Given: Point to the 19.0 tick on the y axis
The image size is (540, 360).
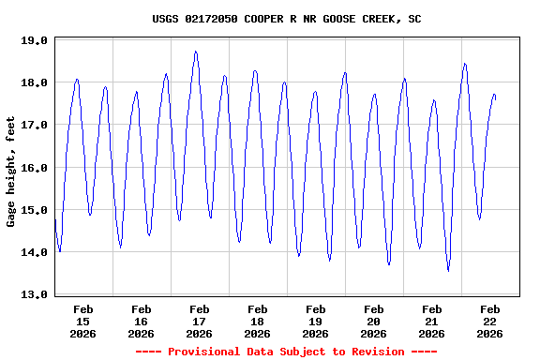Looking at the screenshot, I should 35,40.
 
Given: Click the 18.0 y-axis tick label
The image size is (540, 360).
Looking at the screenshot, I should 35,82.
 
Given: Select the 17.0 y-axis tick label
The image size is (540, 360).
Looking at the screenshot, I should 35,125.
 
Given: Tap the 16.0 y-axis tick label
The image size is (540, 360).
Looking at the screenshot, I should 35,168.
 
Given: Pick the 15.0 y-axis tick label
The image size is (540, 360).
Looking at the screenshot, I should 35,210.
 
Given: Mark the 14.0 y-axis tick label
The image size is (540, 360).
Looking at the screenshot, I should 35,252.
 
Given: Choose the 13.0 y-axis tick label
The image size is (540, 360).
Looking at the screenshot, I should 35,294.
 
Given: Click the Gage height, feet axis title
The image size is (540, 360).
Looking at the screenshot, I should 11,171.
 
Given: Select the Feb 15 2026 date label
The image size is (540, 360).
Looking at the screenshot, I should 82,321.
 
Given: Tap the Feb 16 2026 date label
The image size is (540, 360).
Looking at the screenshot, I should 141,321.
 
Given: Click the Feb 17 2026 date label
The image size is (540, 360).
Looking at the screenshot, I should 199,321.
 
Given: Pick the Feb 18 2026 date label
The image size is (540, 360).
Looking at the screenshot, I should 257,321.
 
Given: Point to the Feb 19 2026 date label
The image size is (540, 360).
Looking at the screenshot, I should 315,321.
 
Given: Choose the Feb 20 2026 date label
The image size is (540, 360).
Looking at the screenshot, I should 373,321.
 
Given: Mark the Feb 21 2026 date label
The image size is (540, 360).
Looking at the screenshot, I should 431,321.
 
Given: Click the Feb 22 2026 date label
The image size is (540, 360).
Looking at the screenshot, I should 489,321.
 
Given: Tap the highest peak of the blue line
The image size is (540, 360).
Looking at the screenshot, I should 196,52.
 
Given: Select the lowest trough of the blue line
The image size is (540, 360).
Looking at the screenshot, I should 448,270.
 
